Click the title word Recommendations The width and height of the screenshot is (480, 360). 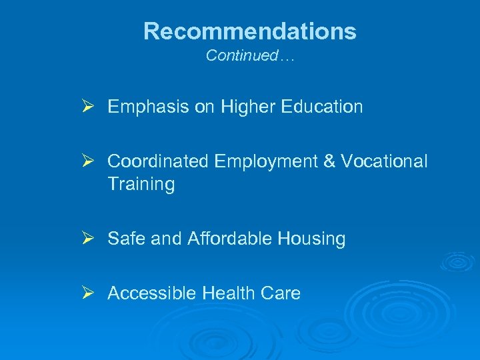[250, 31]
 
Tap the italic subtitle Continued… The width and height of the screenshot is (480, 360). [250, 56]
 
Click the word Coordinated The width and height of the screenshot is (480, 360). [159, 162]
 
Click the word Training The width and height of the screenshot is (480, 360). [141, 185]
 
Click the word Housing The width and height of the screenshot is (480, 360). [314, 239]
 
